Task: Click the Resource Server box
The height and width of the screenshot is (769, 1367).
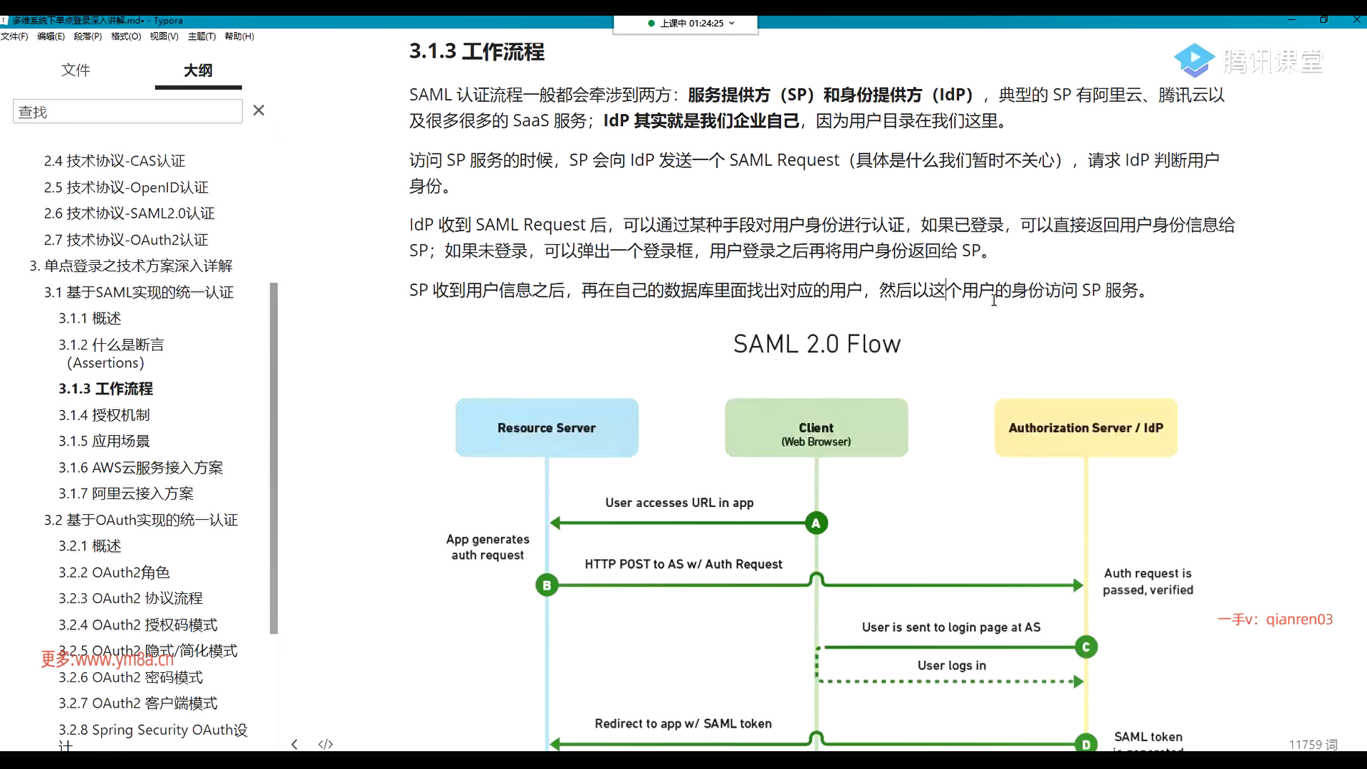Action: coord(547,428)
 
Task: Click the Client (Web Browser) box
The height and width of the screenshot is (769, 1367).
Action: coord(816,428)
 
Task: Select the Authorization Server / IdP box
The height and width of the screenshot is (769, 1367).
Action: coord(1086,428)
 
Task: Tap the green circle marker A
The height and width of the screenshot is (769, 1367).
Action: coord(816,523)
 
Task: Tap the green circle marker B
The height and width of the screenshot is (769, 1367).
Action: coord(547,585)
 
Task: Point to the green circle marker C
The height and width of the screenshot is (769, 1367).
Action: coord(1086,647)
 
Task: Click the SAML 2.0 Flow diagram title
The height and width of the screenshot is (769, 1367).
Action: coord(817,345)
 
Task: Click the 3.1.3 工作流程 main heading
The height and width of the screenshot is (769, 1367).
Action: coord(476,51)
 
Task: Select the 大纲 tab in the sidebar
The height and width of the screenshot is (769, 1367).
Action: coord(198,70)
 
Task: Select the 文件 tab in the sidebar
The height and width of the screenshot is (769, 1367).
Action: coord(75,70)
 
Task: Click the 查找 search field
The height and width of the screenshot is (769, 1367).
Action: coord(127,112)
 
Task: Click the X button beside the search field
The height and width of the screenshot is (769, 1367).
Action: coord(258,110)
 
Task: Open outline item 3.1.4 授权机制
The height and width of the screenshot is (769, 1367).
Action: coord(104,415)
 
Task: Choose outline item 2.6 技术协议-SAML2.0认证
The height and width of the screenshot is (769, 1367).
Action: coord(129,214)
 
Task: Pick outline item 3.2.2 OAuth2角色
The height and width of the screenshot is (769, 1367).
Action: coord(114,572)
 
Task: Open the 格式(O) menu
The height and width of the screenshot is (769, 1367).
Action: coord(126,36)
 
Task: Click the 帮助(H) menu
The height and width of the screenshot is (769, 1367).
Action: coord(239,36)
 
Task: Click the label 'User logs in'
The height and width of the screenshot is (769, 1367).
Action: coord(951,666)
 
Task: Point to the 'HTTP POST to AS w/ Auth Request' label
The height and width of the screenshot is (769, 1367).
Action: coord(683,565)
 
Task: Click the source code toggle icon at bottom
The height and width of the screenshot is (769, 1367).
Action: coord(325,744)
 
